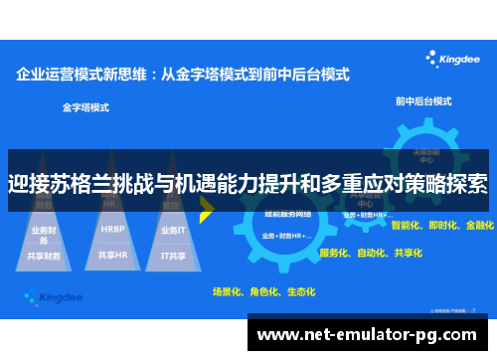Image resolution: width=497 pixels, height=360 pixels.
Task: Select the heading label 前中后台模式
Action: [423, 101]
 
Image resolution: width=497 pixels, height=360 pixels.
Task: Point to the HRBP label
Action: [111, 228]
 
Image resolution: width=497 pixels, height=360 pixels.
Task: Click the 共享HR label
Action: [112, 255]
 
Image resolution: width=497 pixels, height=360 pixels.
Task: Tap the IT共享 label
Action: [173, 255]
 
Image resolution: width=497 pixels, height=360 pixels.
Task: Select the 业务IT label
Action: [173, 230]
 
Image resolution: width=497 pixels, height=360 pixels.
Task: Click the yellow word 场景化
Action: [228, 291]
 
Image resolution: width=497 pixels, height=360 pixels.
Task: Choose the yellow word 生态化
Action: [300, 291]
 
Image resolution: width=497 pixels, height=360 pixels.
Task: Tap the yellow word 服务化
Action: [335, 253]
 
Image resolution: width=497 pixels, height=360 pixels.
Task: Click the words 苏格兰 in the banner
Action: [88, 184]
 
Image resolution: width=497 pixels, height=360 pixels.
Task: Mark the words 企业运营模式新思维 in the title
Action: [82, 73]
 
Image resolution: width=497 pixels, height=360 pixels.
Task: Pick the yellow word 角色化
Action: [263, 291]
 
